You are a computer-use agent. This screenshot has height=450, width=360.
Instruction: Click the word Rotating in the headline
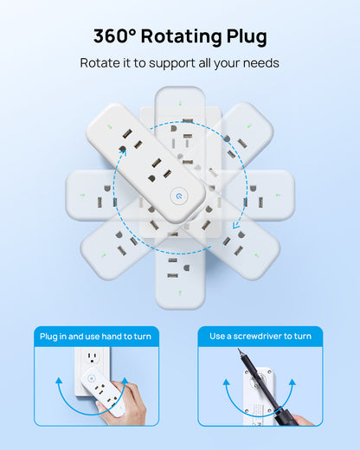[182, 37]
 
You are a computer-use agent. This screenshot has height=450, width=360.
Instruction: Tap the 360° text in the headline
[114, 36]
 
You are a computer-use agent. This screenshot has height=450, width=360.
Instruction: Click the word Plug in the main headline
[247, 37]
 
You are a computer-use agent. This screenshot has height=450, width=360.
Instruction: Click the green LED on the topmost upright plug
[180, 104]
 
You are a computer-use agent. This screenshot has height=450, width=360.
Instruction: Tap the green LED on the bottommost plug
[180, 292]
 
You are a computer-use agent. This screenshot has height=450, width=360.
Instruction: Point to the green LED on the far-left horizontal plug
[83, 195]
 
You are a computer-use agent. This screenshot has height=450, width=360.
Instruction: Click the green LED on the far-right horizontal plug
[277, 196]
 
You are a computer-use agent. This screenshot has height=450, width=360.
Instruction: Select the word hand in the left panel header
[112, 337]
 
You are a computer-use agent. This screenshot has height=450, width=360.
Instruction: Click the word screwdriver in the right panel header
[258, 336]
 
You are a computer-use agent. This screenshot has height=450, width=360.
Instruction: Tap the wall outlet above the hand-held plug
[93, 358]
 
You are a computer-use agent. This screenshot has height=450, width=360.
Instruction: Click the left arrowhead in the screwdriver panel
[226, 382]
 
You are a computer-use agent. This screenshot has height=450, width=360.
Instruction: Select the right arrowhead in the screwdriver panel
[292, 382]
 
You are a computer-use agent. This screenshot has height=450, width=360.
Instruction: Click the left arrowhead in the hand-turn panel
[59, 381]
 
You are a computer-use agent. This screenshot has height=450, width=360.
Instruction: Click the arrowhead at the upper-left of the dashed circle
[124, 152]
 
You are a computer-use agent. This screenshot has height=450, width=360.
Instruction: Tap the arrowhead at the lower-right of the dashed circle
[236, 225]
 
